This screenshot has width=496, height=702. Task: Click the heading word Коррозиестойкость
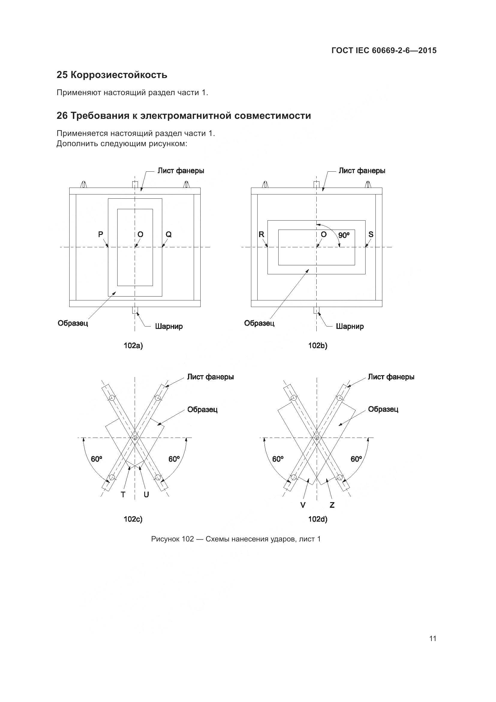tap(119, 75)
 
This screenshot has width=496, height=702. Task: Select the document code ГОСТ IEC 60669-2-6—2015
tap(384, 50)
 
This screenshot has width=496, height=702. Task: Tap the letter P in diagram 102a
tap(100, 234)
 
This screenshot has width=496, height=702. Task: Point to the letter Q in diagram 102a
tap(169, 234)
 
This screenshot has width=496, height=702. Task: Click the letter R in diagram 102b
tap(261, 234)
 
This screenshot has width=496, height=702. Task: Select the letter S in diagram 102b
tap(371, 234)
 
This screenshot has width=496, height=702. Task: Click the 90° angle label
tap(344, 235)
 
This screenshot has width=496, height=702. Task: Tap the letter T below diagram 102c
tap(123, 495)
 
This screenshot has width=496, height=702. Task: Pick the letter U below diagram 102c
tap(146, 495)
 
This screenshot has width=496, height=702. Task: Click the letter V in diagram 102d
tap(303, 505)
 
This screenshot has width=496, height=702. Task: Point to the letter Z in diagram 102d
tap(332, 505)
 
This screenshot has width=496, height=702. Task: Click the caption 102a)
tap(133, 346)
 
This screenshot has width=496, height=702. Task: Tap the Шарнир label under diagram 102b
tap(350, 326)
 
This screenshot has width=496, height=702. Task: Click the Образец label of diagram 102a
tap(73, 323)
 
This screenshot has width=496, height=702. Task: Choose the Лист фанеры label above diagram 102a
tap(181, 170)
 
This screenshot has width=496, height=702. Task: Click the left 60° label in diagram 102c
tap(97, 459)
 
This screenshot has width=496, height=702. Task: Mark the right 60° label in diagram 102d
tap(357, 459)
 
